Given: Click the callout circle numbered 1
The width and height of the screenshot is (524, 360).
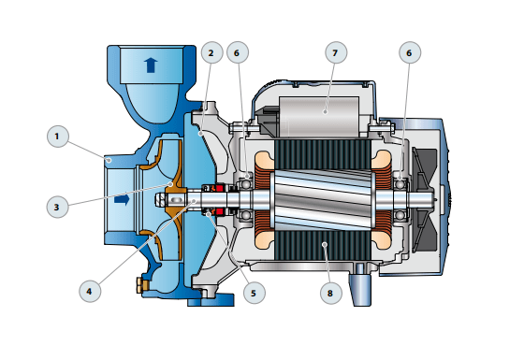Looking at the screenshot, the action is click(x=58, y=137).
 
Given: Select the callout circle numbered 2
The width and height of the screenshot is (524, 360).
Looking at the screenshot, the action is click(x=211, y=52).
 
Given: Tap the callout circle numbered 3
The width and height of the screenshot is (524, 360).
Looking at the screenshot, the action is click(x=57, y=207).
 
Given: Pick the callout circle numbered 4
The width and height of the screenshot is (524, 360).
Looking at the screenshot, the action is click(x=90, y=292).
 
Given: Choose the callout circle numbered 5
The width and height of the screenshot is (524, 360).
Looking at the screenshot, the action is click(x=255, y=293).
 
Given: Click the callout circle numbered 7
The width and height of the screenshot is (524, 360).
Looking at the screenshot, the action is click(x=336, y=52).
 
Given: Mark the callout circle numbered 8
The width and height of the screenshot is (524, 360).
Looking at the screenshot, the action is click(x=331, y=293).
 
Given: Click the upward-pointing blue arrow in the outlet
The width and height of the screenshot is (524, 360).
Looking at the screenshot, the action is click(x=151, y=65).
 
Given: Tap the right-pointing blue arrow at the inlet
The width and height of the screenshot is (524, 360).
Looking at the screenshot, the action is click(x=122, y=200).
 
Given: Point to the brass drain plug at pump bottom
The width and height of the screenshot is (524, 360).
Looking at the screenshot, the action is click(x=142, y=284).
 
